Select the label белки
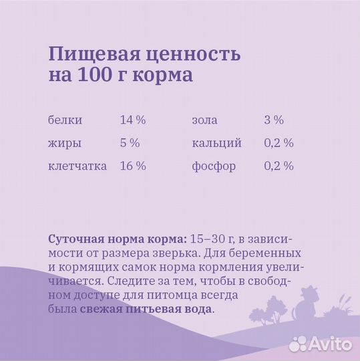tap(65, 120)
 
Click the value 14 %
tap(133, 120)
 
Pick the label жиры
tap(65, 143)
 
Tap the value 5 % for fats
tap(130, 143)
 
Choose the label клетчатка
tap(77, 166)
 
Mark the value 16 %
tap(133, 166)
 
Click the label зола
tap(204, 120)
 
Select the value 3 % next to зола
tap(274, 120)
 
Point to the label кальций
tap(216, 143)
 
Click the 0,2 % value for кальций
tap(279, 143)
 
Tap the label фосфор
tap(214, 166)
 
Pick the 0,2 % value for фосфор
tap(279, 166)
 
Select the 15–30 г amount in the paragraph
tap(212, 239)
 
